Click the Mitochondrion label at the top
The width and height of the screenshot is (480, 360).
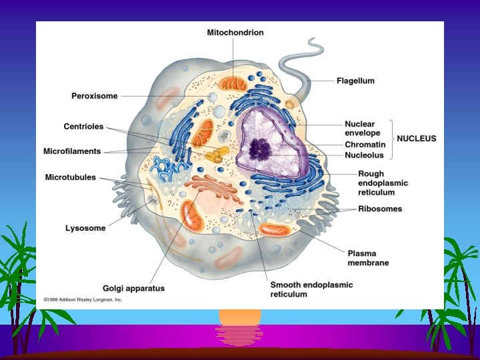coord(235,32)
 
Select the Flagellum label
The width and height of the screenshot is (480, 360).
coord(355,81)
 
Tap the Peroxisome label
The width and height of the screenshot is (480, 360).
coord(95,96)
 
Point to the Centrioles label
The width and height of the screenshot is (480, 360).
coord(83,126)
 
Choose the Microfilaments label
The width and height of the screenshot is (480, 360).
coord(72,151)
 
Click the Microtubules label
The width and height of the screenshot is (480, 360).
coord(71,177)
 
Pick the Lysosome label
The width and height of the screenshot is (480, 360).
coord(85,228)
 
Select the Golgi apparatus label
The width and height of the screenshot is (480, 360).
coord(133,288)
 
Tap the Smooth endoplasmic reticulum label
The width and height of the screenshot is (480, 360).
coord(311,289)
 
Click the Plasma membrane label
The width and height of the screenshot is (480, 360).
coord(368,258)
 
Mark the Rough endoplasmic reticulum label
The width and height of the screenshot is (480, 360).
coord(373,183)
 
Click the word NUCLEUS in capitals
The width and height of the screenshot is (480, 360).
coord(417,139)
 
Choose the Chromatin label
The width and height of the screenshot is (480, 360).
coord(365,145)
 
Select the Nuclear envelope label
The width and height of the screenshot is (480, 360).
coord(360,128)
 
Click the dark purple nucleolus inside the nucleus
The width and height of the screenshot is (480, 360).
coord(259,147)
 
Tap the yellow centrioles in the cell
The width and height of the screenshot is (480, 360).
coord(214,157)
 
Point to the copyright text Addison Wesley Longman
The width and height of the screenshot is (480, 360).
coord(83,301)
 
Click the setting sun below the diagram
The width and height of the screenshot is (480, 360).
coord(240,326)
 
